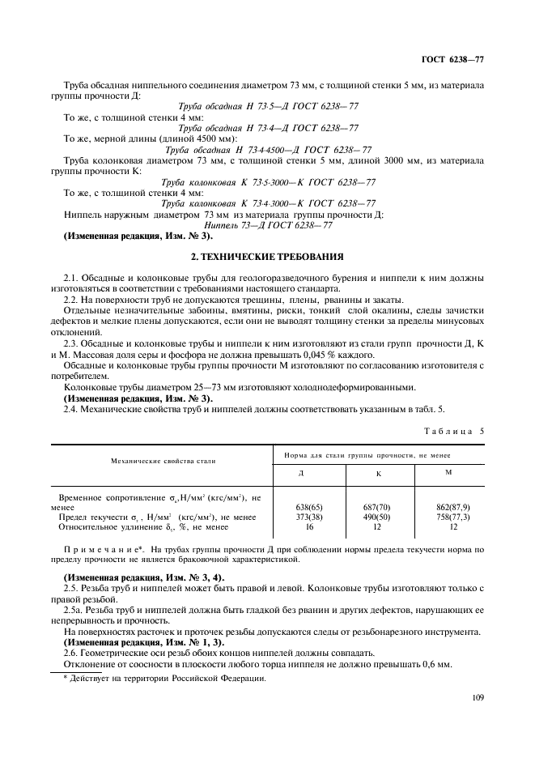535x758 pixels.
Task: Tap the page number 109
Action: (475, 695)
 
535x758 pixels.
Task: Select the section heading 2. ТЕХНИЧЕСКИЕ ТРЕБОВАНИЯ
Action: (266, 257)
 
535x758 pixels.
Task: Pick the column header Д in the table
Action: (301, 473)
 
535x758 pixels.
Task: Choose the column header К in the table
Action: (378, 473)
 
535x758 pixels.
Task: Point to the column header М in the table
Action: (448, 472)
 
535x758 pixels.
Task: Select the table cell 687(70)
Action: (378, 506)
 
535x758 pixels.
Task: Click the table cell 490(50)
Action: (378, 516)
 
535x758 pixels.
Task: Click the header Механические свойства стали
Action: (157, 460)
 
